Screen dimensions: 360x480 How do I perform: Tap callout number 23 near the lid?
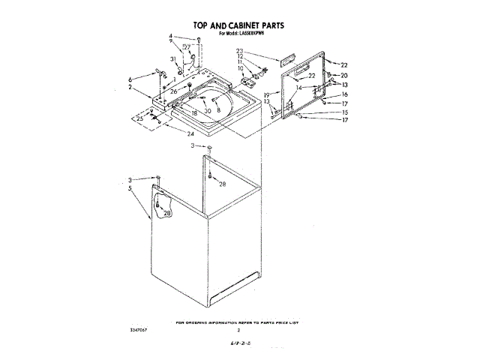pos(240,50)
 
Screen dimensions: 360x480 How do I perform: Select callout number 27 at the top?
pos(187,46)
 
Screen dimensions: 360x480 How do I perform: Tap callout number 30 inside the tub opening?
pos(207,111)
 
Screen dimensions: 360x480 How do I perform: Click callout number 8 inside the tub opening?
pos(218,109)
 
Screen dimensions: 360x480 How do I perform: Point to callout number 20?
pos(345,76)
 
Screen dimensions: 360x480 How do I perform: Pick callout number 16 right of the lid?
pos(345,94)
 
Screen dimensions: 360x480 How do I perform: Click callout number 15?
pos(345,112)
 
